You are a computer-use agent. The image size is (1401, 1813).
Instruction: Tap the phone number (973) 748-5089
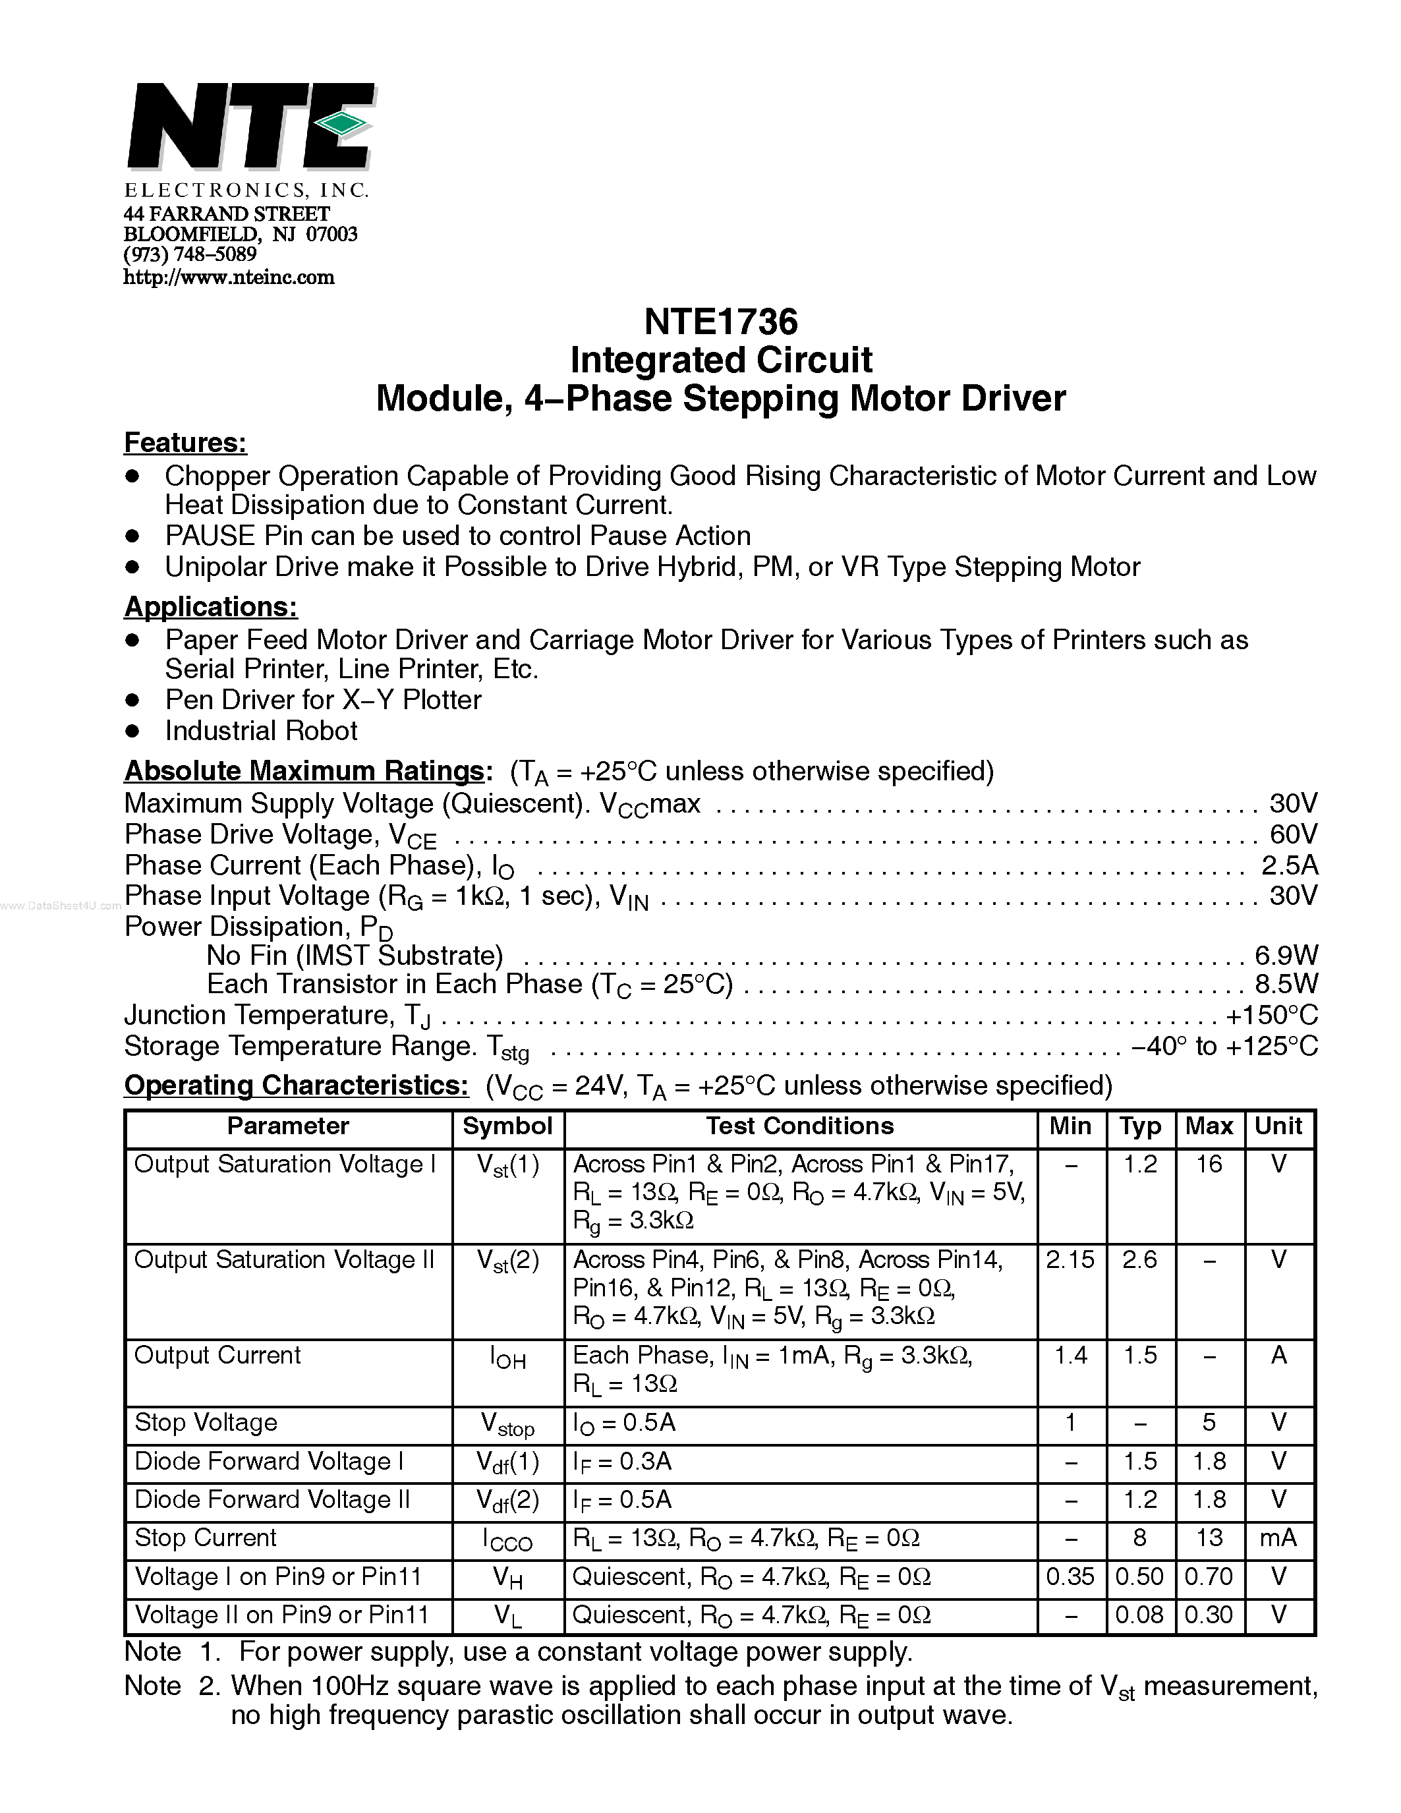(x=190, y=255)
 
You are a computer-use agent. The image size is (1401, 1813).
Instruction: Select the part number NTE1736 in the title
(x=720, y=321)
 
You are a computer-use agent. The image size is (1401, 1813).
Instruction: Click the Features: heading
(x=185, y=442)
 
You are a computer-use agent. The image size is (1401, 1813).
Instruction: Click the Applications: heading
(x=211, y=607)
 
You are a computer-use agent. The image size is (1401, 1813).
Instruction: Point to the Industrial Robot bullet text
(x=260, y=730)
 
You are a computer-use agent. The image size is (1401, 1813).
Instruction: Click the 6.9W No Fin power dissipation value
(x=1286, y=956)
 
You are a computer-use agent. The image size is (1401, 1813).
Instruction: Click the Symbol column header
(x=507, y=1126)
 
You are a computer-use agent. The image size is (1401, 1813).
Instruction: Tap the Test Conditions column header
(x=799, y=1126)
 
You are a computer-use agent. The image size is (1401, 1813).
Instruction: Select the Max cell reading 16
(x=1209, y=1164)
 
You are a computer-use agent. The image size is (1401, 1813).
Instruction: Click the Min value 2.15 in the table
(x=1070, y=1259)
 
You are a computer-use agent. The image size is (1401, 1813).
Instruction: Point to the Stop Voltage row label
(x=206, y=1422)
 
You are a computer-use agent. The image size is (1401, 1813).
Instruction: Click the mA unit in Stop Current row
(x=1278, y=1538)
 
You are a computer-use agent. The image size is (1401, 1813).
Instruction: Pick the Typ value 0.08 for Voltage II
(x=1139, y=1615)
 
